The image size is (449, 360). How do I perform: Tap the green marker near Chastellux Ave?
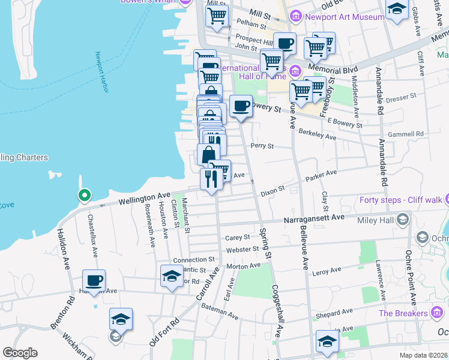pyautogui.click(x=85, y=195)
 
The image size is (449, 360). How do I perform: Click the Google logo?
pyautogui.click(x=20, y=353)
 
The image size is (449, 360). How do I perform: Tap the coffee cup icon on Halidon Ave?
pyautogui.click(x=94, y=281)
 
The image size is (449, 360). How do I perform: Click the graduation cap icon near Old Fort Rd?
pyautogui.click(x=121, y=320)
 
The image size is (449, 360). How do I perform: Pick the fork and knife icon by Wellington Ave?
pyautogui.click(x=211, y=179)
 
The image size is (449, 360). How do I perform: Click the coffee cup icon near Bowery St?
pyautogui.click(x=241, y=106)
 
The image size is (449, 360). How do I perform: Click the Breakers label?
pyautogui.click(x=403, y=313)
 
